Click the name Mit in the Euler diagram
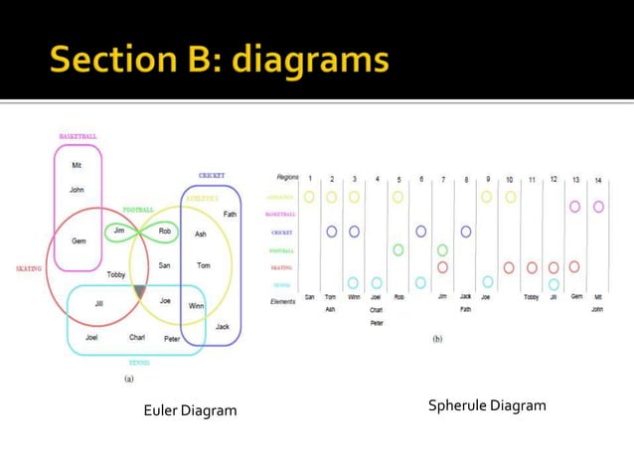pyautogui.click(x=77, y=166)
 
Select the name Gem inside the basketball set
pyautogui.click(x=79, y=241)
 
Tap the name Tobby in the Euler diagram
pyautogui.click(x=116, y=274)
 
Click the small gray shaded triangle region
pyautogui.click(x=140, y=291)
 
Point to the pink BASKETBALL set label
pyautogui.click(x=78, y=136)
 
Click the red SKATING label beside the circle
pyautogui.click(x=28, y=268)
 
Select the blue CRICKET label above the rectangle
pyautogui.click(x=212, y=176)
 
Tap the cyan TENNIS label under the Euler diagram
pyautogui.click(x=139, y=363)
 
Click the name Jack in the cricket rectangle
pyautogui.click(x=223, y=327)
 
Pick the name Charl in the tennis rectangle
pyautogui.click(x=137, y=338)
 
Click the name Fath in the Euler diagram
pyautogui.click(x=230, y=214)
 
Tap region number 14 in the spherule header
pyautogui.click(x=598, y=181)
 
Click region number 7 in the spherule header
pyautogui.click(x=443, y=180)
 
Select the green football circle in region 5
pyautogui.click(x=398, y=249)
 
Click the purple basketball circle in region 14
pyautogui.click(x=598, y=207)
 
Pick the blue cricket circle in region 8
pyautogui.click(x=465, y=232)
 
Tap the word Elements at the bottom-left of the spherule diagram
pyautogui.click(x=284, y=301)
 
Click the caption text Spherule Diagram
pyautogui.click(x=487, y=405)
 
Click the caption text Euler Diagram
pyautogui.click(x=191, y=410)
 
